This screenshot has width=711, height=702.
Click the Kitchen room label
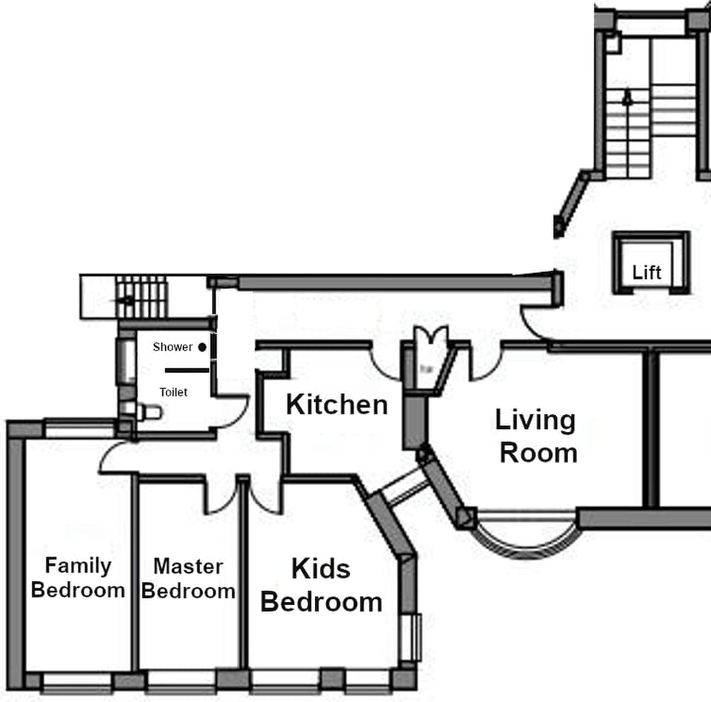coord(336,405)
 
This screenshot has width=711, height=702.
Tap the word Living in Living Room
coord(535,420)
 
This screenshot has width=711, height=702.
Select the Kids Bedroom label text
coord(321,586)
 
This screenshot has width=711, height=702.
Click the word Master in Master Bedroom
coord(188,566)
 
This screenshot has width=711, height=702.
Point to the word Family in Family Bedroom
coord(78,566)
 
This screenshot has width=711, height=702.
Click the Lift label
coord(647,273)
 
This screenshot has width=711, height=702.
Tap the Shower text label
coord(173,347)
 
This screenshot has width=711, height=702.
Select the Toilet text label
coord(173,392)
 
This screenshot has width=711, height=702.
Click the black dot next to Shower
coord(202,347)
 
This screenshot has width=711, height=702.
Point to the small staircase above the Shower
coord(141,297)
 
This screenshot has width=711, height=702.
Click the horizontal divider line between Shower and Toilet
coord(181,369)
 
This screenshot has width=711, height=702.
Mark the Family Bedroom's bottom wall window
coord(77,681)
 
